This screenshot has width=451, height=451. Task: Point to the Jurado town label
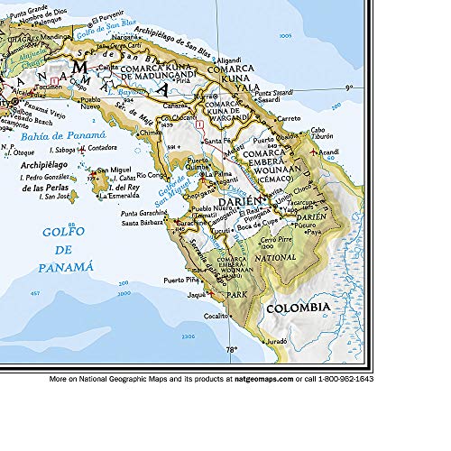coord(275,343)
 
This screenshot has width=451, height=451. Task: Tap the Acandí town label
coord(330,152)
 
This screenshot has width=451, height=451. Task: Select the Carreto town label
coord(290,118)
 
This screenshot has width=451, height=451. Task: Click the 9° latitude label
coord(347,87)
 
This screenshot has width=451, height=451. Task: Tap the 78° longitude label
coord(232,349)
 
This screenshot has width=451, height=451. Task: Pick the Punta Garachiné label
coord(141,213)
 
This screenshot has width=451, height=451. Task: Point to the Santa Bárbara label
coord(144,222)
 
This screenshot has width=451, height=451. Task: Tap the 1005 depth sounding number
coord(287,35)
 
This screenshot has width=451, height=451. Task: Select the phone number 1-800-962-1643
coord(343,380)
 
